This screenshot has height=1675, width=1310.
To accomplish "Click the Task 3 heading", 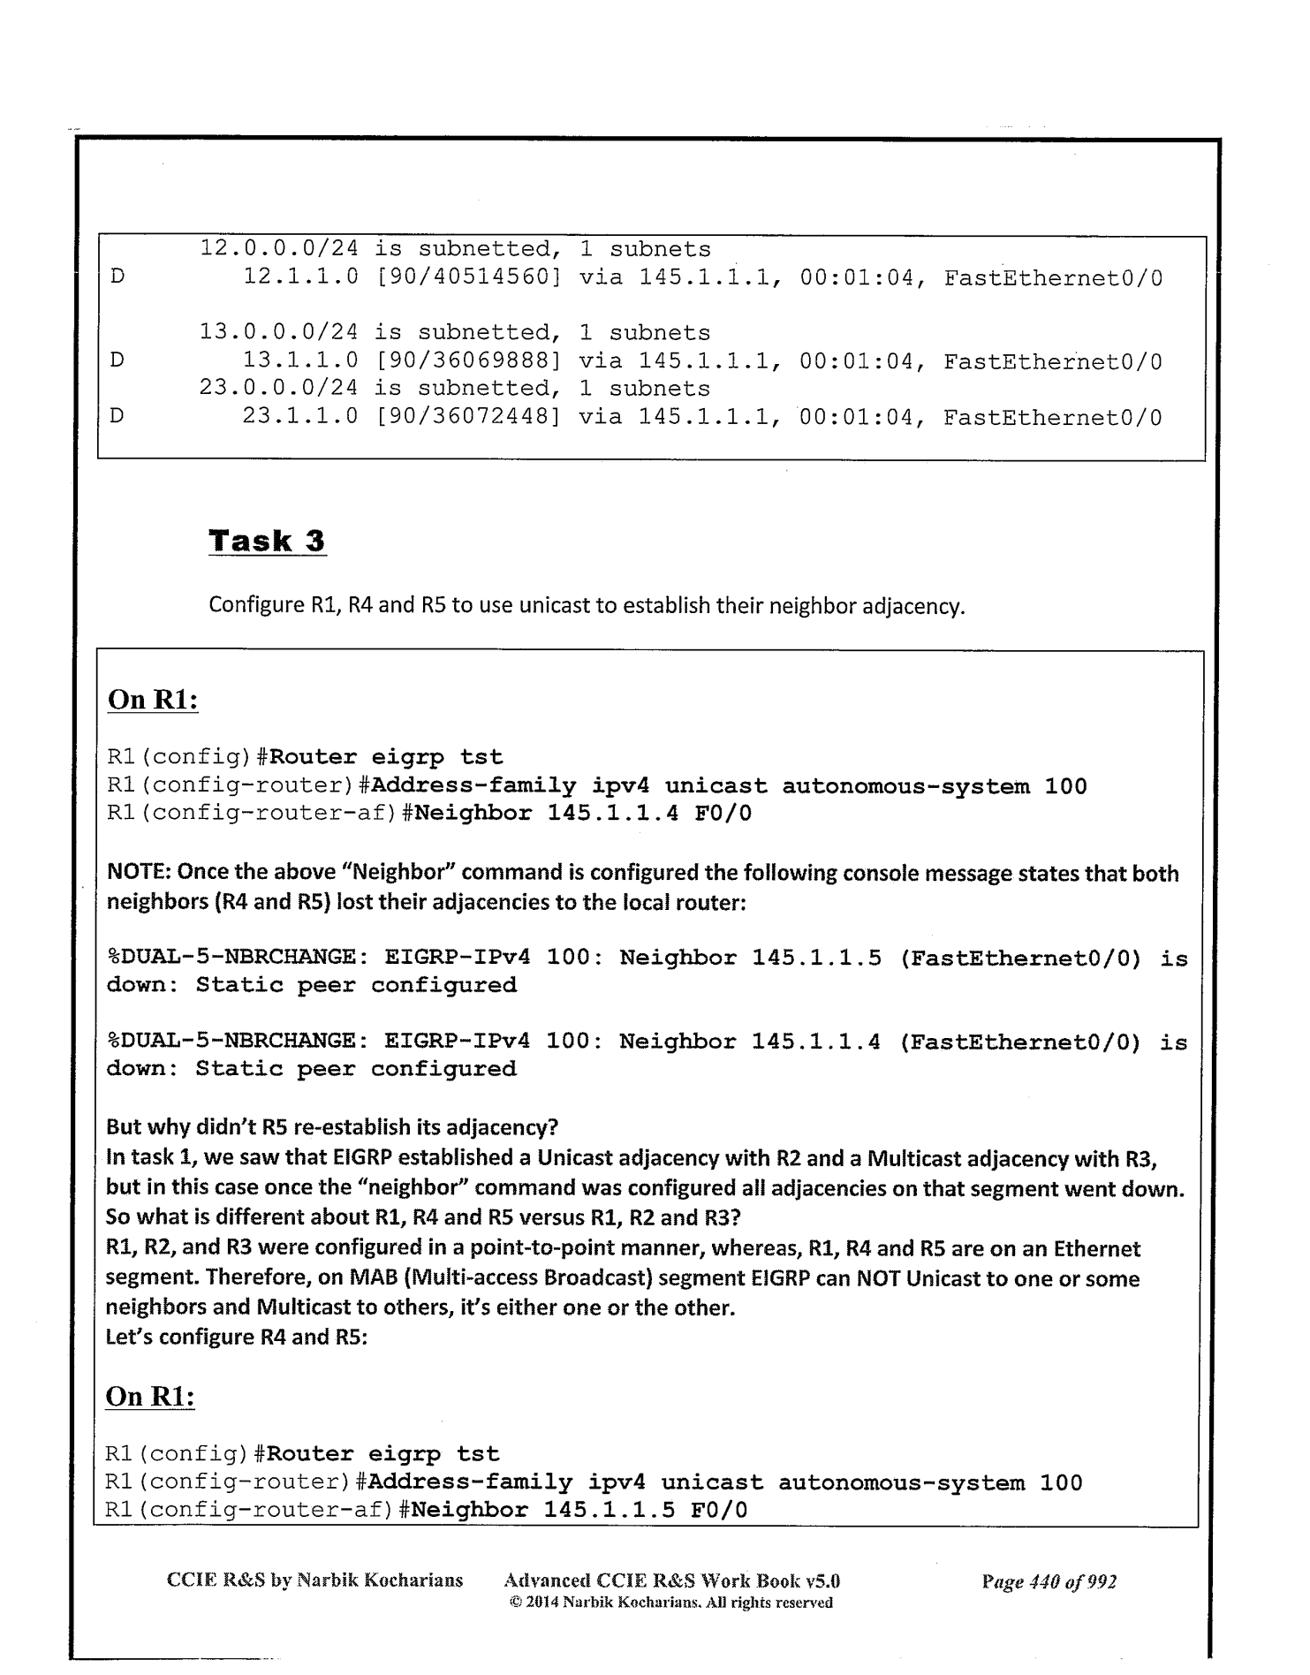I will tap(267, 541).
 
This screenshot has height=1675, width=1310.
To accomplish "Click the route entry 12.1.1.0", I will tap(300, 278).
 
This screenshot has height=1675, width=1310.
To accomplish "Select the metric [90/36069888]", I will tap(468, 361).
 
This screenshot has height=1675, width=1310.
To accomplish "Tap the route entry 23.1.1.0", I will tap(300, 417).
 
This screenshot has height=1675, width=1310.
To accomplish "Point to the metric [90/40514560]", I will tap(468, 278).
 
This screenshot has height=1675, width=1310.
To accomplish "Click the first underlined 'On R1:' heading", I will tap(152, 700).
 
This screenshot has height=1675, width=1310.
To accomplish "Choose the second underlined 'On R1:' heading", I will tap(150, 1396).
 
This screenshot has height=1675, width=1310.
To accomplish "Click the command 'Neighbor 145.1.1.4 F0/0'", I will tap(583, 813).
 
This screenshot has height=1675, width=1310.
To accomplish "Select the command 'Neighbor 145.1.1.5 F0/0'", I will tap(579, 1510).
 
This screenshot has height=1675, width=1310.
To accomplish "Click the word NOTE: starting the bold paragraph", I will tap(139, 873).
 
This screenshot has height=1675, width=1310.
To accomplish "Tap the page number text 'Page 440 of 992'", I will tap(1049, 1580).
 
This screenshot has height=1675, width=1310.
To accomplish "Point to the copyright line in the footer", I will tap(671, 1603).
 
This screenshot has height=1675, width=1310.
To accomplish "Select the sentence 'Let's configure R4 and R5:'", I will tap(236, 1337).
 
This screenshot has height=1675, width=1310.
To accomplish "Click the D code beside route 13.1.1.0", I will tap(117, 361).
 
